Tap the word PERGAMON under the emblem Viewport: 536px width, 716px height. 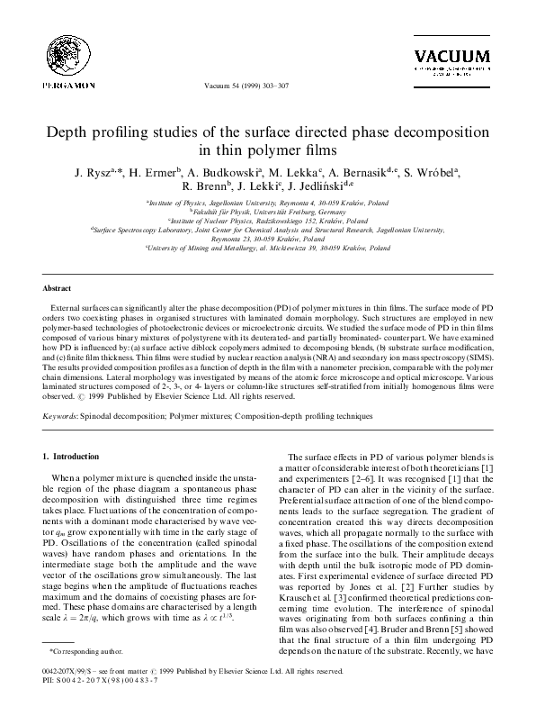(43, 86)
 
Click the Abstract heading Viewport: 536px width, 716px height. (58, 289)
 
